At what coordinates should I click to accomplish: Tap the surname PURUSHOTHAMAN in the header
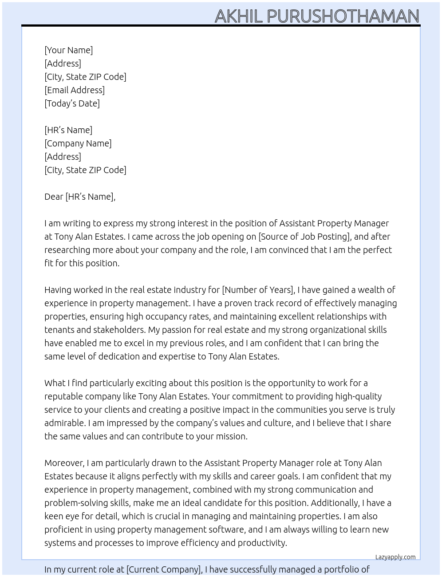[343, 16]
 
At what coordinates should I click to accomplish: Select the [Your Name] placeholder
[69, 50]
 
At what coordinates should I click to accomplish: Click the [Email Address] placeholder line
[75, 90]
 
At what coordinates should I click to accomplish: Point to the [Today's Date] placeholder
[72, 103]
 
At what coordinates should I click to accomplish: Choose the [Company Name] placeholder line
[78, 143]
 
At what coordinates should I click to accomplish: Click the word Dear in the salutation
[54, 197]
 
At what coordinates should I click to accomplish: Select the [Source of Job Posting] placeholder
[304, 237]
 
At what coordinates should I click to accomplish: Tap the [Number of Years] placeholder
[258, 290]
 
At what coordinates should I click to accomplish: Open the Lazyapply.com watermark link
[395, 557]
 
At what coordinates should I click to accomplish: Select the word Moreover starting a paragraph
[64, 463]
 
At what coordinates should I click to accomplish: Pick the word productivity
[262, 543]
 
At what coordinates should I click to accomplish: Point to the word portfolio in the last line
[347, 569]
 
